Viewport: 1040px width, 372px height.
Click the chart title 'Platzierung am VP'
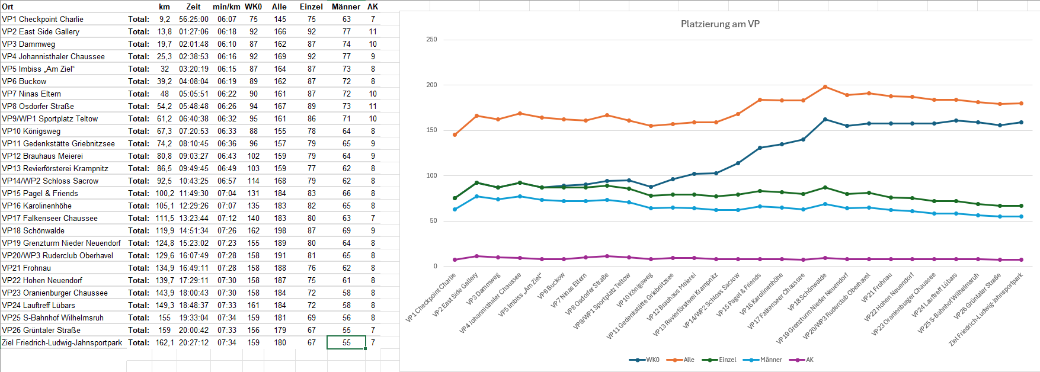720,24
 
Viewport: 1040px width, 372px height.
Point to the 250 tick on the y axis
431,40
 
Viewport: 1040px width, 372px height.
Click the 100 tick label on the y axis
431,175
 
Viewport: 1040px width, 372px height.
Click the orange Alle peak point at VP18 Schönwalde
825,87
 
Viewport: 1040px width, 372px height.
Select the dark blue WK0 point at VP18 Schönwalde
825,120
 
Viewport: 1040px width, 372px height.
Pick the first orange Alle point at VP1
455,135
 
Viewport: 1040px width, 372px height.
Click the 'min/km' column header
226,7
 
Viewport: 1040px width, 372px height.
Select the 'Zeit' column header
193,7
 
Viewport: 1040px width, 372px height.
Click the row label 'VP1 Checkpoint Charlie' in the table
43,19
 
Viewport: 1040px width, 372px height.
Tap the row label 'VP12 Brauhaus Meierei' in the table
43,156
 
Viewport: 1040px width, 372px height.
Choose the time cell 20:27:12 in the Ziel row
194,342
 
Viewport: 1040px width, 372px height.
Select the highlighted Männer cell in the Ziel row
347,342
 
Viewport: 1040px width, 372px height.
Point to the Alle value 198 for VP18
280,230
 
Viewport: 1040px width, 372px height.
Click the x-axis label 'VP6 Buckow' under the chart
552,286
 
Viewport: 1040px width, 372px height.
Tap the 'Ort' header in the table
8,7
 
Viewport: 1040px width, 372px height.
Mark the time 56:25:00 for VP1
194,19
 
